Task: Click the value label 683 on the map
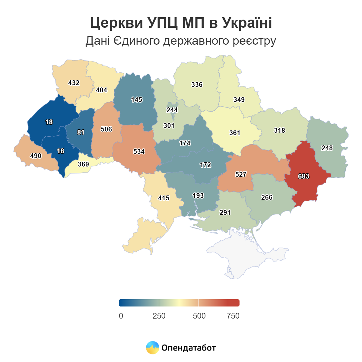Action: pos(303,176)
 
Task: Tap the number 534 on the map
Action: pos(139,151)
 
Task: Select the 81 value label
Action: pos(81,132)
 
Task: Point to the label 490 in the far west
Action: pos(36,156)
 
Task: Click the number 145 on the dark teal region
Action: pos(136,100)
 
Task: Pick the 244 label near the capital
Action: pos(172,110)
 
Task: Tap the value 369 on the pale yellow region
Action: pos(83,164)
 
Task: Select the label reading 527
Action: pos(241,174)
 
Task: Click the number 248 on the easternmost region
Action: pos(327,148)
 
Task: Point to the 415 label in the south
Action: pos(164,198)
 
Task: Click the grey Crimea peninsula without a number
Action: pos(247,256)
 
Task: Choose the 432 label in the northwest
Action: pos(74,83)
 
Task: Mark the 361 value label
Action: pos(234,133)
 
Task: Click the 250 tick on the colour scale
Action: pos(159,316)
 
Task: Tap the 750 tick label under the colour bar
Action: pos(233,316)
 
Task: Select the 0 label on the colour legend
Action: pos(121,316)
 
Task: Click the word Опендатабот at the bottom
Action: pos(189,348)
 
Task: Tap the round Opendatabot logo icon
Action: pos(152,348)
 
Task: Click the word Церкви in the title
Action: pos(116,23)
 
